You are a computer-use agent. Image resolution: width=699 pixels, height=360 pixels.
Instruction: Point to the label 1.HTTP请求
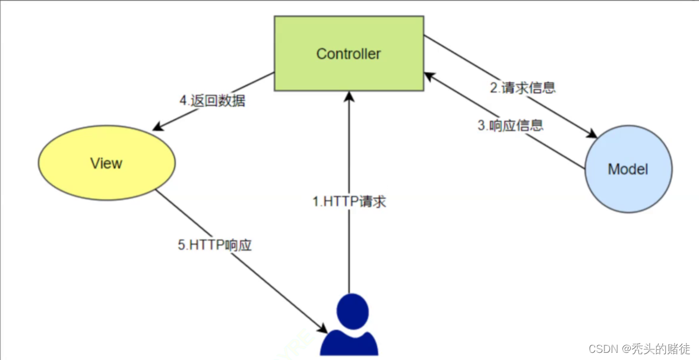349,202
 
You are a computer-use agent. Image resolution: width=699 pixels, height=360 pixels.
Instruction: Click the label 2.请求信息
523,88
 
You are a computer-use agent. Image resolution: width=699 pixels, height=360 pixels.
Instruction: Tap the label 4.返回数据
212,100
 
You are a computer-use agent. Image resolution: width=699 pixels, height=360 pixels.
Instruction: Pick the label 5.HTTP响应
214,245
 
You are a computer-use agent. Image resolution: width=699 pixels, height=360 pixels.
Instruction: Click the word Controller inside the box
349,54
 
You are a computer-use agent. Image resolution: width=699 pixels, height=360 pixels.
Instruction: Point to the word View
106,163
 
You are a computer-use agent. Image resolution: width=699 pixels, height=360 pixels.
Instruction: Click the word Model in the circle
628,169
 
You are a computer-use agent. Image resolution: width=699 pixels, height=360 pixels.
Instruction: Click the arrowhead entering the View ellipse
158,126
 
